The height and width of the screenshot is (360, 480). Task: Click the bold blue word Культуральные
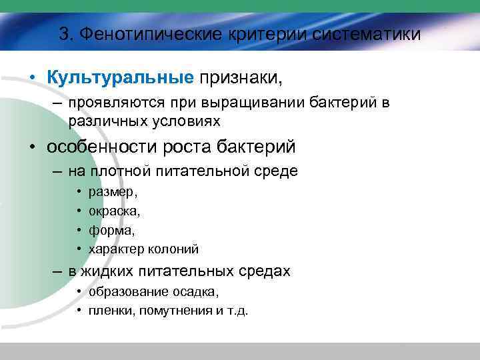[x=120, y=78]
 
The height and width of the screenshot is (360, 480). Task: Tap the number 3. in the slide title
[x=66, y=34]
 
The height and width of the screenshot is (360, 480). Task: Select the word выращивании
[x=245, y=103]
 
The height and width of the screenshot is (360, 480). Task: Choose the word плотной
[x=120, y=171]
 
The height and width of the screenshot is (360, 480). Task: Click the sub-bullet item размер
[x=113, y=193]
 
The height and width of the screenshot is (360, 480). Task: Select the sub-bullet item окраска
[x=114, y=211]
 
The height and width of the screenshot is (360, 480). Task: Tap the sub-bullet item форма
[x=111, y=230]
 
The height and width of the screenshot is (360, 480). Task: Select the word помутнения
[x=168, y=311]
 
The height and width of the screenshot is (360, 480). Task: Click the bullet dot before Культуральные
[x=32, y=79]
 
